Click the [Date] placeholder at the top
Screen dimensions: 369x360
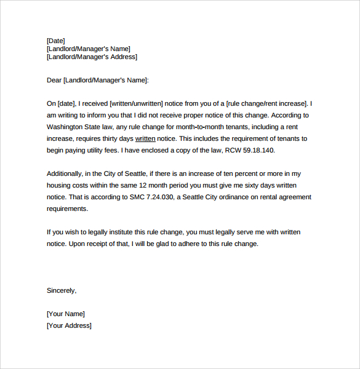tap(55, 41)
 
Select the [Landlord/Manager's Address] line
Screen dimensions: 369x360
tap(92, 57)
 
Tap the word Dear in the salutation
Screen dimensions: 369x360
tap(54, 80)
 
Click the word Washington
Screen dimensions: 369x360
tap(67, 127)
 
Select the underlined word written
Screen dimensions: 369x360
tap(145, 138)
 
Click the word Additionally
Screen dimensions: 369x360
tap(66, 173)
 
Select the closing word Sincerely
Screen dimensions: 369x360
tap(62, 290)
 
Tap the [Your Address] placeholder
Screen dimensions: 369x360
tap(69, 325)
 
